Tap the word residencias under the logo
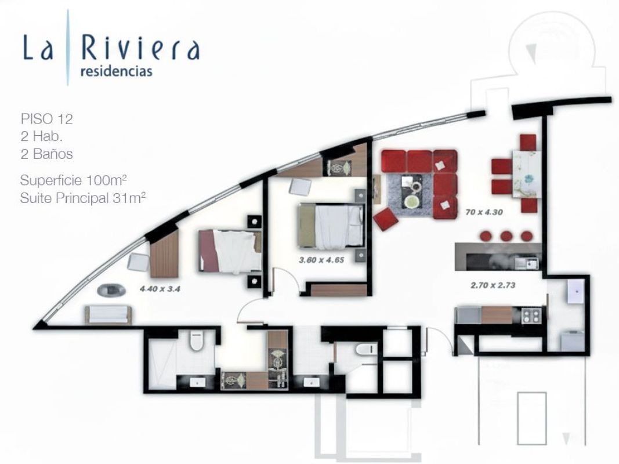pyautogui.click(x=116, y=71)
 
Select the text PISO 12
pyautogui.click(x=47, y=119)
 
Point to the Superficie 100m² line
pyautogui.click(x=74, y=180)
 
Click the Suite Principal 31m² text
pyautogui.click(x=83, y=198)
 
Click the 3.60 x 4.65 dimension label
pyautogui.click(x=321, y=260)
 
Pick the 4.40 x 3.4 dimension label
pyautogui.click(x=160, y=289)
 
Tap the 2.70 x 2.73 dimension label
pyautogui.click(x=493, y=285)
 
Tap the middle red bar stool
pyautogui.click(x=506, y=236)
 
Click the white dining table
pyautogui.click(x=524, y=173)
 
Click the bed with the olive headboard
pyautogui.click(x=331, y=226)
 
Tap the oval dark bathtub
pyautogui.click(x=111, y=291)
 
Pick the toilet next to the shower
pyautogui.click(x=196, y=340)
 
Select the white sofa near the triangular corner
pyautogui.click(x=108, y=314)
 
